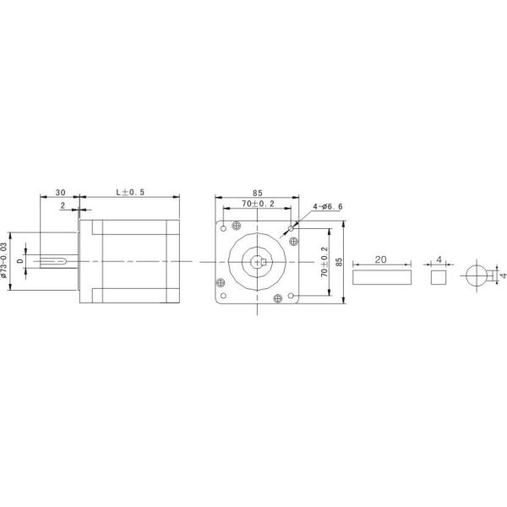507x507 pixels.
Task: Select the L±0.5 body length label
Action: pos(130,192)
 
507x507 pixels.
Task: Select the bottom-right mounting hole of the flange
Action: pos(292,297)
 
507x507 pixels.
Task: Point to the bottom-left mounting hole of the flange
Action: pos(223,297)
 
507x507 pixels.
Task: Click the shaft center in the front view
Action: pos(258,261)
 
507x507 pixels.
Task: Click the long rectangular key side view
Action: pos(382,275)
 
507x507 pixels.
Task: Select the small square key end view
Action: pos(438,275)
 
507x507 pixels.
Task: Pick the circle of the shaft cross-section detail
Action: pos(479,275)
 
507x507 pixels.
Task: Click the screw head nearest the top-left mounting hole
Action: pos(236,224)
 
